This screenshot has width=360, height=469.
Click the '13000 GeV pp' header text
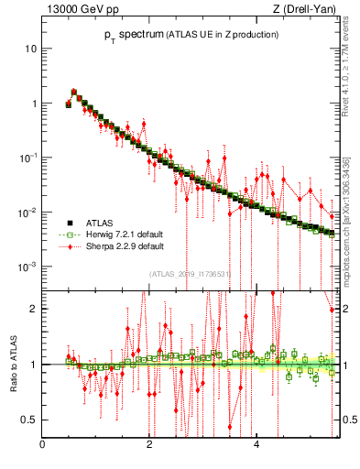(x=78, y=10)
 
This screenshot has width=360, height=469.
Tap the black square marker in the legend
(x=69, y=223)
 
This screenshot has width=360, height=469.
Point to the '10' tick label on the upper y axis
(x=31, y=48)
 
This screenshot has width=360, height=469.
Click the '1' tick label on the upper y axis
(x=34, y=104)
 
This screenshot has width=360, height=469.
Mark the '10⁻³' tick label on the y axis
(x=29, y=267)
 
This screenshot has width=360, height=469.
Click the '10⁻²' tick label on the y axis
(x=29, y=213)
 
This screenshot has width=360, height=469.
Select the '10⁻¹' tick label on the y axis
(x=29, y=158)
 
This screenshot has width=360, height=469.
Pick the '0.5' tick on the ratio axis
(x=29, y=420)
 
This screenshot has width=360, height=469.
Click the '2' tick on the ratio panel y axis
(x=34, y=309)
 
